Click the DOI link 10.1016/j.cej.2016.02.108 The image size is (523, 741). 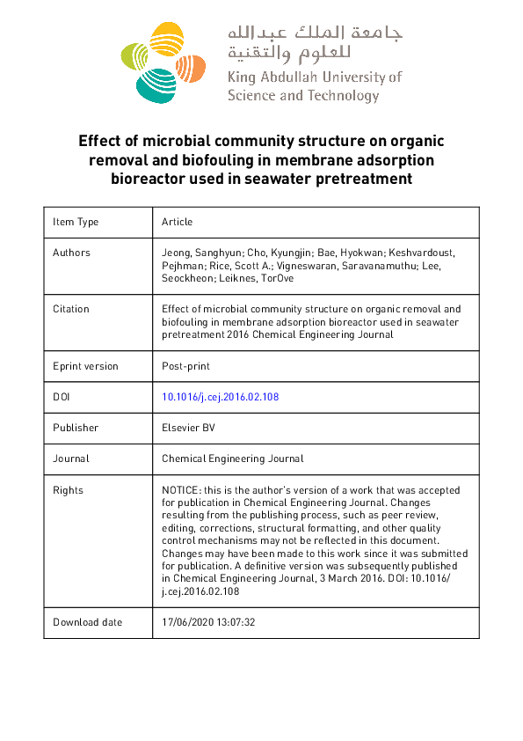(x=220, y=397)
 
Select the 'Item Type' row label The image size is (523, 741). (x=76, y=222)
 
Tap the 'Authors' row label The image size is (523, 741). (x=71, y=253)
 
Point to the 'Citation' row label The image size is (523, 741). (x=71, y=309)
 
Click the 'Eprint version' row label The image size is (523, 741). (x=85, y=366)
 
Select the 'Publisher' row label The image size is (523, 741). (x=76, y=428)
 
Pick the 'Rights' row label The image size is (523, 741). (x=69, y=489)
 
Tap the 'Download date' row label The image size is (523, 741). (x=87, y=622)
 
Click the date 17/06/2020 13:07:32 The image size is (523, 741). (x=208, y=622)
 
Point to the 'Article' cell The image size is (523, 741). (x=177, y=222)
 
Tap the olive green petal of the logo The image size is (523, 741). (x=131, y=56)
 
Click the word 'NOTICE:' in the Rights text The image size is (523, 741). (x=182, y=489)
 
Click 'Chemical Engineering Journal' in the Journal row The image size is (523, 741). (x=233, y=459)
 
